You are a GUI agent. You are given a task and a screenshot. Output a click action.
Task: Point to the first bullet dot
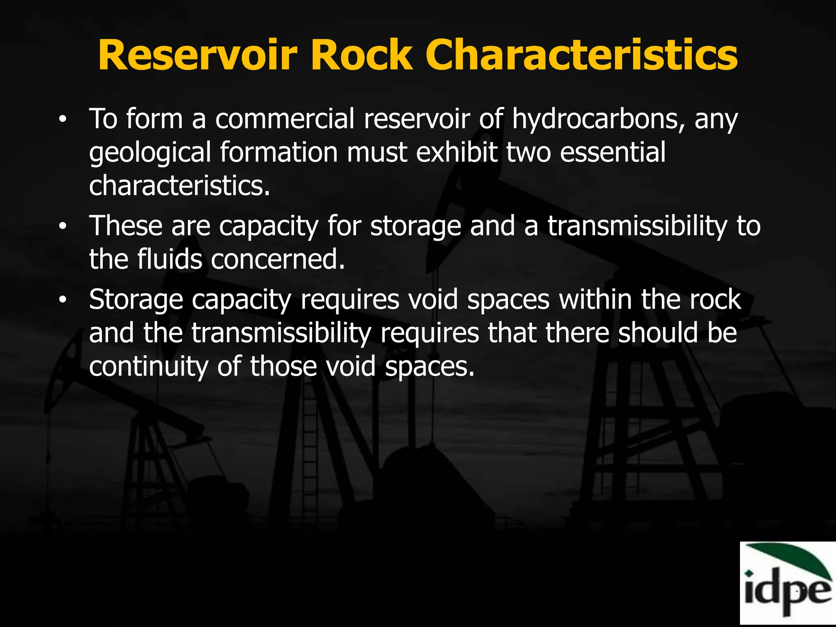click(x=62, y=120)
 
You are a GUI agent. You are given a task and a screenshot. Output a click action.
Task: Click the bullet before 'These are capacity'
click(x=62, y=227)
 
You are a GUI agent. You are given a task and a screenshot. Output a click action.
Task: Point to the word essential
click(x=613, y=152)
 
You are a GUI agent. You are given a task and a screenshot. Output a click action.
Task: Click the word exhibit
click(x=457, y=152)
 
